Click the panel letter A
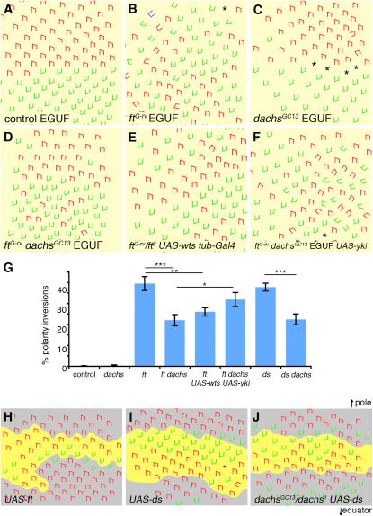click(8, 9)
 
